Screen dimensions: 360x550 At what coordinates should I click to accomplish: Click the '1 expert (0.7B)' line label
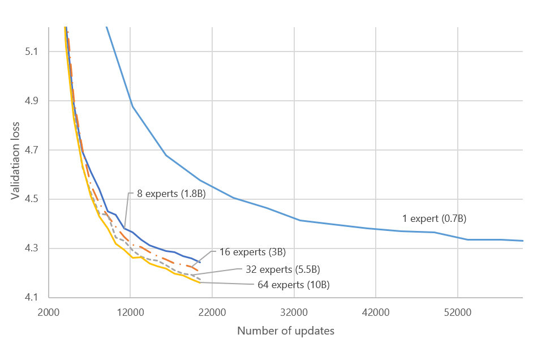[434, 218]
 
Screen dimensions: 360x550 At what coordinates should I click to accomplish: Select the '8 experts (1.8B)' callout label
[171, 194]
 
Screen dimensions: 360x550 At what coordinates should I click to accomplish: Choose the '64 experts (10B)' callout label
[293, 285]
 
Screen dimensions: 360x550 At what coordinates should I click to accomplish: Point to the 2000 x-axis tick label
[49, 312]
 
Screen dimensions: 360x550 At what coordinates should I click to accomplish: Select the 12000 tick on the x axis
[130, 312]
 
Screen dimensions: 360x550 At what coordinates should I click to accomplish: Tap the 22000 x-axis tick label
[212, 312]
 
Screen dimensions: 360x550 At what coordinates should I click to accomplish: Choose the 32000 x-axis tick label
[294, 312]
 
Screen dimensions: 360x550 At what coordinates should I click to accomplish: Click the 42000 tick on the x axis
[376, 312]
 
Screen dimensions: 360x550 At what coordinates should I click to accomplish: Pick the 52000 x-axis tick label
[457, 312]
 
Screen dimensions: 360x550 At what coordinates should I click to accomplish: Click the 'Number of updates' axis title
[286, 331]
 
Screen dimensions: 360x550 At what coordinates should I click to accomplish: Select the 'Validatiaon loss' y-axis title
[15, 161]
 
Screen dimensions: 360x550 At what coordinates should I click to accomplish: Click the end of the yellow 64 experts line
[200, 282]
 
